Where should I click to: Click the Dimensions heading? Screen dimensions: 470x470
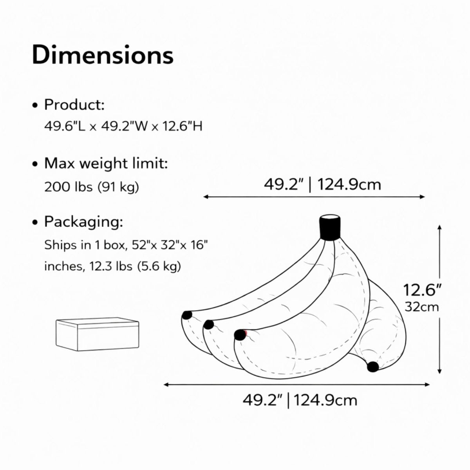[x=103, y=55]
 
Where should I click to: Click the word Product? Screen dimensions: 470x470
[x=74, y=105]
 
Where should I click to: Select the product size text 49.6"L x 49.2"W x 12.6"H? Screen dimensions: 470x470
[x=123, y=127]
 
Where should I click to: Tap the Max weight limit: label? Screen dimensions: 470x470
[x=106, y=163]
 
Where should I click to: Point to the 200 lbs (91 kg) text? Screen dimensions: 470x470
[x=92, y=187]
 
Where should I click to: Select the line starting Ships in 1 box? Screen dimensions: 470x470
[x=126, y=245]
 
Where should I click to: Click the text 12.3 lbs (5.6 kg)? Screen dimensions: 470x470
[x=136, y=266]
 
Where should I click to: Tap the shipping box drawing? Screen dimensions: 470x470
[x=97, y=334]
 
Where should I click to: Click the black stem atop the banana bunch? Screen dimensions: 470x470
[x=330, y=228]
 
